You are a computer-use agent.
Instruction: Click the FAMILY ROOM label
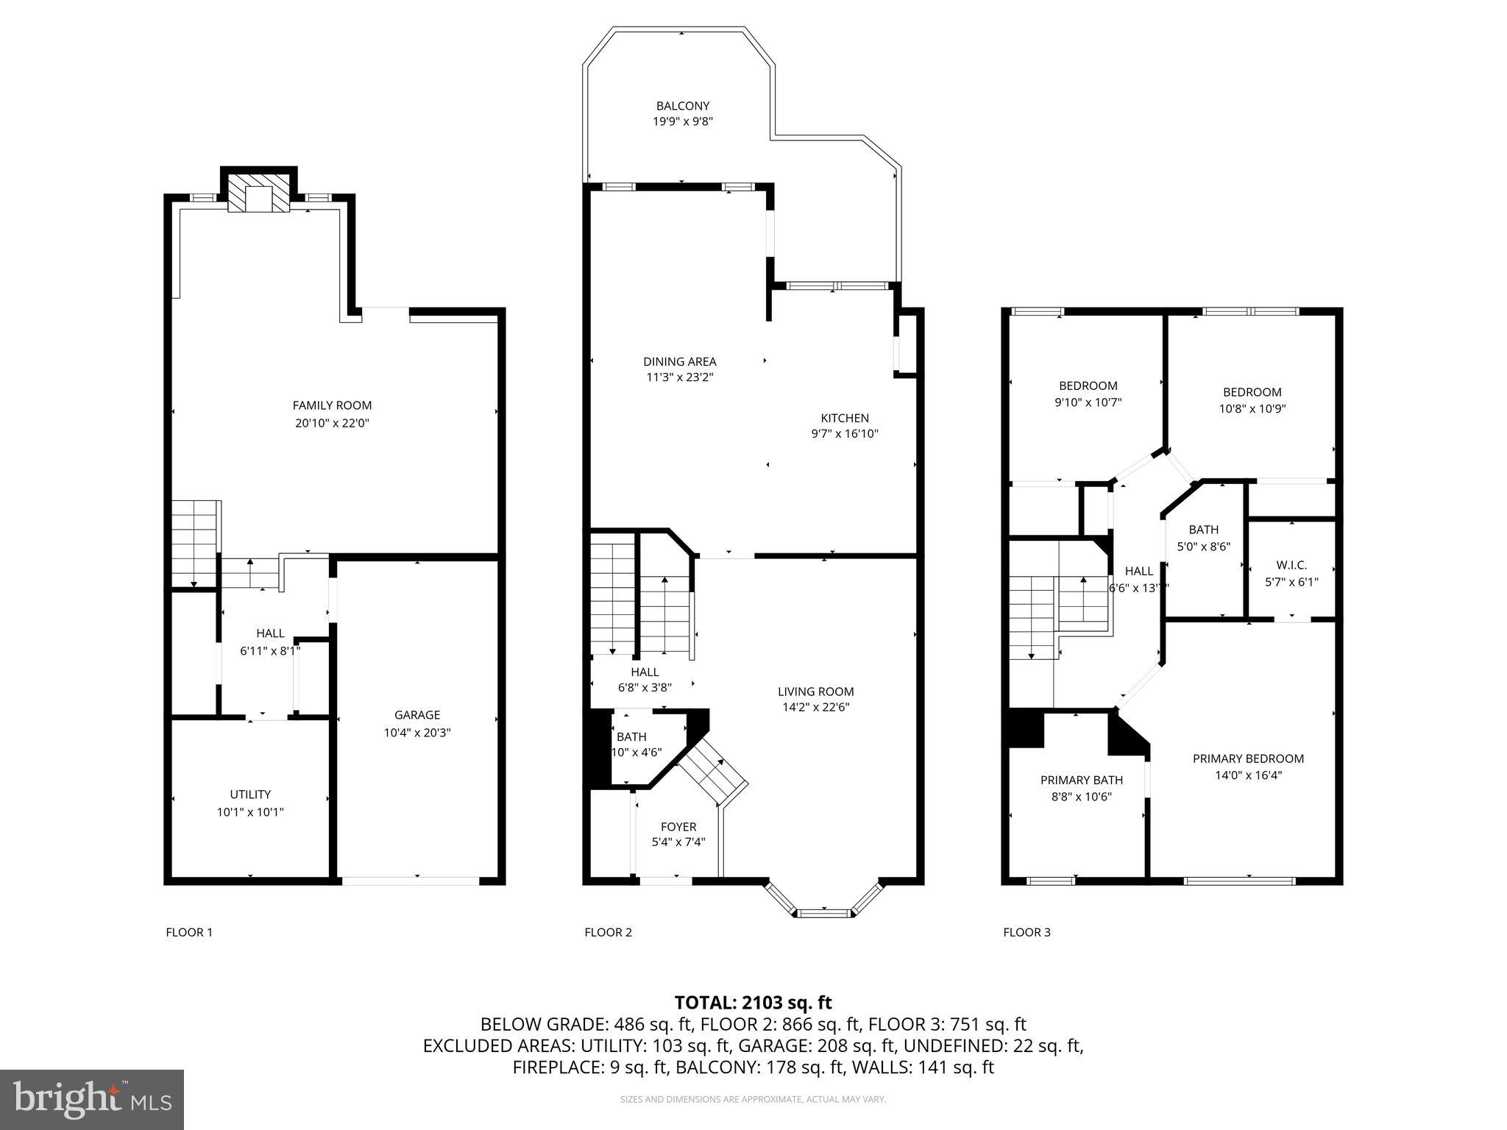pyautogui.click(x=332, y=405)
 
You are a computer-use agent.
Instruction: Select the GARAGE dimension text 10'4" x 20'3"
pyautogui.click(x=417, y=733)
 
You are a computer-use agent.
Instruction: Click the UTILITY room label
pyautogui.click(x=250, y=795)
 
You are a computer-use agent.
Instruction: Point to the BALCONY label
pyautogui.click(x=683, y=106)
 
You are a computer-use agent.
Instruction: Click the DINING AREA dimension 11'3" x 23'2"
pyautogui.click(x=679, y=377)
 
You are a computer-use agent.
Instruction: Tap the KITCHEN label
pyautogui.click(x=845, y=418)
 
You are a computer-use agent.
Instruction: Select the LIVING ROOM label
pyautogui.click(x=815, y=692)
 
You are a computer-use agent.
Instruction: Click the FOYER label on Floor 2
pyautogui.click(x=678, y=827)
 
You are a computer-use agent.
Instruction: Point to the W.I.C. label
pyautogui.click(x=1291, y=565)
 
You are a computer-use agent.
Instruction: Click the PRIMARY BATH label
pyautogui.click(x=1081, y=781)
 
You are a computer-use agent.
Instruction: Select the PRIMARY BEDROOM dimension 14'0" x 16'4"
pyautogui.click(x=1248, y=775)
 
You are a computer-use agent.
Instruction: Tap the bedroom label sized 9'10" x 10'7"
pyautogui.click(x=1088, y=385)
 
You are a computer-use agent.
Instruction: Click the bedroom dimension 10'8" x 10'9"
pyautogui.click(x=1252, y=409)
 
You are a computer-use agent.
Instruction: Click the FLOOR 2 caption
pyautogui.click(x=608, y=933)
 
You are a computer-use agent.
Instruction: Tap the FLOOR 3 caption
pyautogui.click(x=1026, y=933)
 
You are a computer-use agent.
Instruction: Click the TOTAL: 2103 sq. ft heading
pyautogui.click(x=753, y=1003)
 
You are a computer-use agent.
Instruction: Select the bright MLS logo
pyautogui.click(x=92, y=1100)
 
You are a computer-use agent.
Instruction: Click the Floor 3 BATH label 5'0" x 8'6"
pyautogui.click(x=1203, y=530)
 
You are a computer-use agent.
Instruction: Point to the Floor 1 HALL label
pyautogui.click(x=270, y=633)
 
